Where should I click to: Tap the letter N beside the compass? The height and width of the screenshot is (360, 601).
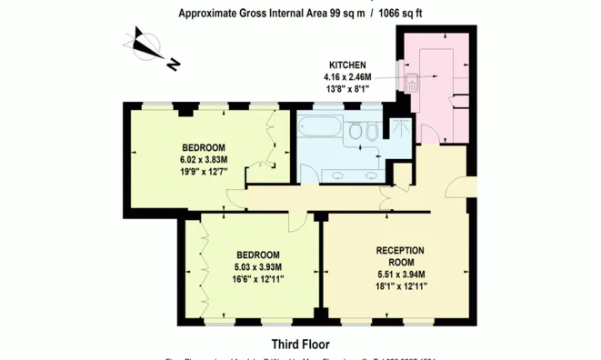[173, 64]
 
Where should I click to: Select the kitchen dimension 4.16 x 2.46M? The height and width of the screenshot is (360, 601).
[347, 78]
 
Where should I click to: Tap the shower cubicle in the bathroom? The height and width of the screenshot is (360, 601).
[396, 132]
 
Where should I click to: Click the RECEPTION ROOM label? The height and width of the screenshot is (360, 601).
[400, 256]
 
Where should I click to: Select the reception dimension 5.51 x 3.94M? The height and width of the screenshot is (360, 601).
[400, 275]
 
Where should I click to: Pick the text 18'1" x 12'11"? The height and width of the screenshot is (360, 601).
[400, 286]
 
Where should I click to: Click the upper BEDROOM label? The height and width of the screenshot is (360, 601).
[204, 147]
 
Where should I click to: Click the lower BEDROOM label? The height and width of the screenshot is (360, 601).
[258, 255]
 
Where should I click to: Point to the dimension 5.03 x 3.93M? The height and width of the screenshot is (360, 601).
[258, 267]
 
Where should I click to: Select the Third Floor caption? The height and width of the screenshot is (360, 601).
[300, 345]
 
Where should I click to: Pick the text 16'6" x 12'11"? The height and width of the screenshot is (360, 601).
[258, 280]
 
